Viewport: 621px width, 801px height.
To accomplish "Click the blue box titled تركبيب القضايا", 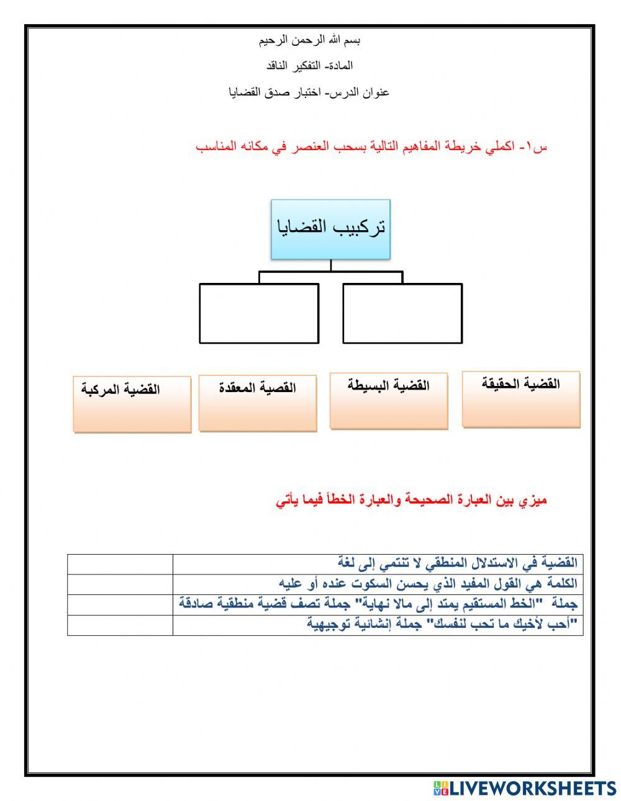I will point(330,229).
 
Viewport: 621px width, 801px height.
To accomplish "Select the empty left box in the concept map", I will point(259,313).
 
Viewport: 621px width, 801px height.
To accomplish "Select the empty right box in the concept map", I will point(402,313).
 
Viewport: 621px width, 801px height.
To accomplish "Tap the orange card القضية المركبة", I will point(132,404).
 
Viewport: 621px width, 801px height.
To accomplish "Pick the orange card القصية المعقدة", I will point(258,403).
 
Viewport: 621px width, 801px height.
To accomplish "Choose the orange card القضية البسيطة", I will point(389,400).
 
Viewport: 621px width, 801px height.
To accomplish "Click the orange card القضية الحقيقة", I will point(521,399).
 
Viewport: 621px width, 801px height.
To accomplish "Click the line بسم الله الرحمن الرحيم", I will point(310,41).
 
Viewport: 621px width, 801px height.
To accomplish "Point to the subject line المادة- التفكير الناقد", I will point(310,66).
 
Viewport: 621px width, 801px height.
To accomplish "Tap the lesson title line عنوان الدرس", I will point(309,92).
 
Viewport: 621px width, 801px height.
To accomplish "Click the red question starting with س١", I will point(371,147).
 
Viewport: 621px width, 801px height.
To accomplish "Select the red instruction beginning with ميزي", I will point(411,500).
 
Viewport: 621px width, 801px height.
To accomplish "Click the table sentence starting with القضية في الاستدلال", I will point(457,563).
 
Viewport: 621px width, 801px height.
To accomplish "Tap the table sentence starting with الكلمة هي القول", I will point(428,584).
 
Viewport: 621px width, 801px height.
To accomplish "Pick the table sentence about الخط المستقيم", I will point(378,604).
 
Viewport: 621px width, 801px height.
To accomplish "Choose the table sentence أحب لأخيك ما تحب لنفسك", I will point(442,624).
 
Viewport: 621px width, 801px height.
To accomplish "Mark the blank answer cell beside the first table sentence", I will point(120,564).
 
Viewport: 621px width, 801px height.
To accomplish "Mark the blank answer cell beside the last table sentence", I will point(120,625).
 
